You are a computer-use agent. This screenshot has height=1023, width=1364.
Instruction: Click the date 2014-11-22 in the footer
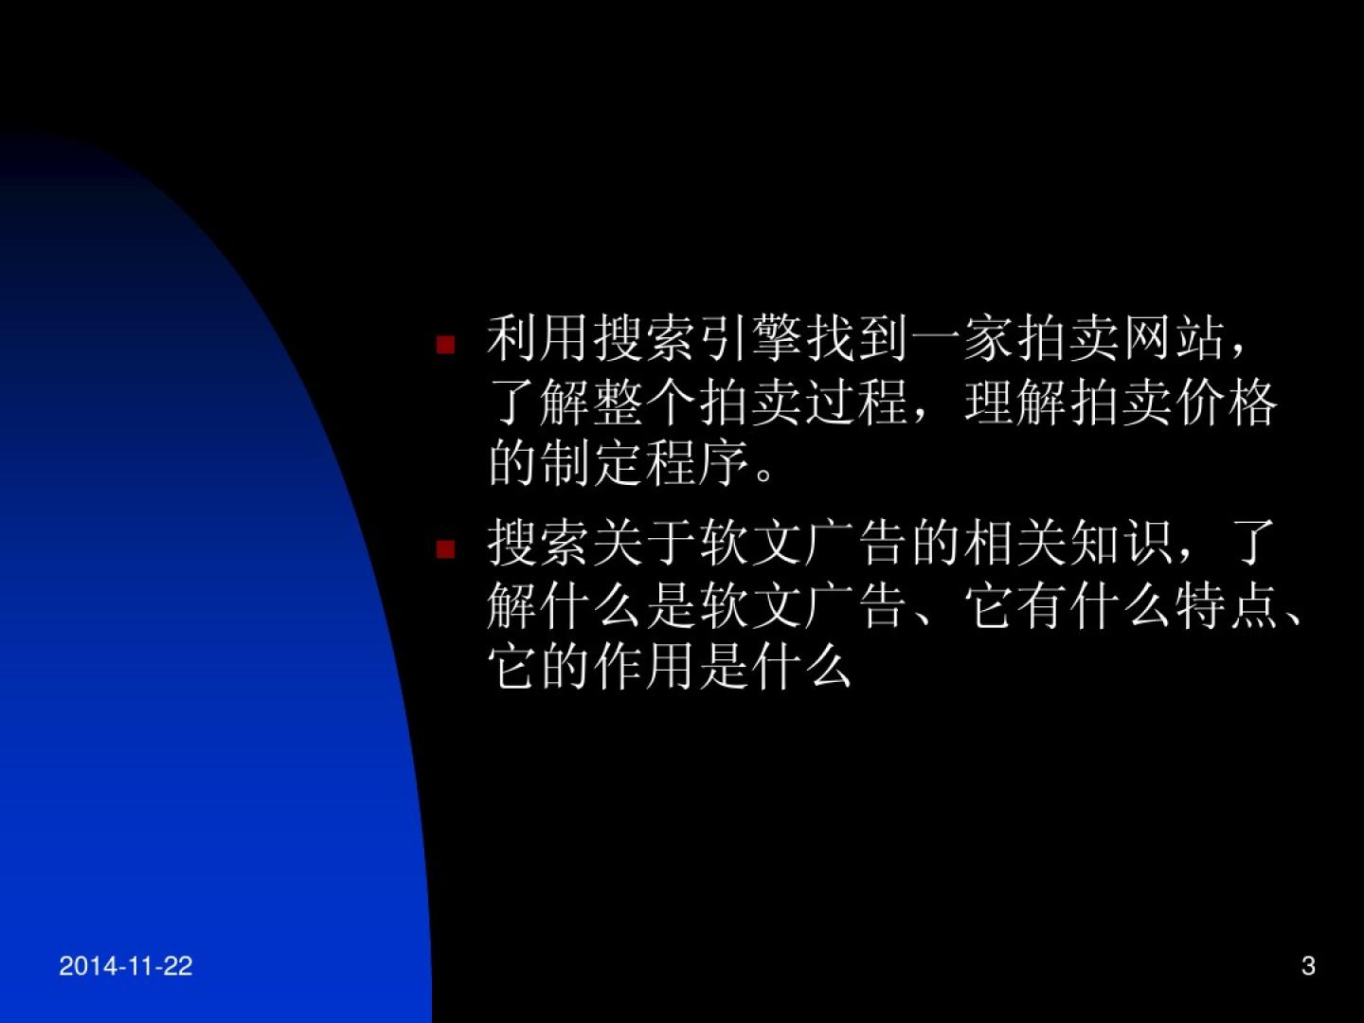point(126,966)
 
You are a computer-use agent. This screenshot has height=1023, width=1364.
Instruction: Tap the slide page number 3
point(1308,966)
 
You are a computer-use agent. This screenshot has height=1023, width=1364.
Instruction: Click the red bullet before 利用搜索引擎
point(445,345)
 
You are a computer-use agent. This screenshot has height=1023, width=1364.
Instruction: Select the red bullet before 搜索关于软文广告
point(445,549)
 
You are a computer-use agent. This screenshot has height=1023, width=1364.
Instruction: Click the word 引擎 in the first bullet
point(751,339)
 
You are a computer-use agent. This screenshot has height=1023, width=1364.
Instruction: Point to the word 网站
point(1175,339)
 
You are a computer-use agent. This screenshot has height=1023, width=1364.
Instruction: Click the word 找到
point(857,339)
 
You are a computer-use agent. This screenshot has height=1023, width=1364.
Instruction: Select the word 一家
point(962,339)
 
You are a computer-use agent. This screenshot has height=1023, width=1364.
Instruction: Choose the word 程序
point(698,464)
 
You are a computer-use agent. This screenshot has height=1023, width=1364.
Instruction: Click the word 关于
point(645,544)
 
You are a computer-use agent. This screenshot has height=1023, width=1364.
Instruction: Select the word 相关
point(1015,544)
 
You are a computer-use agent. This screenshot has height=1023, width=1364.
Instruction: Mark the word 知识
point(1121,544)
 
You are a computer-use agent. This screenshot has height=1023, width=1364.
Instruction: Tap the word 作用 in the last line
point(645,668)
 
